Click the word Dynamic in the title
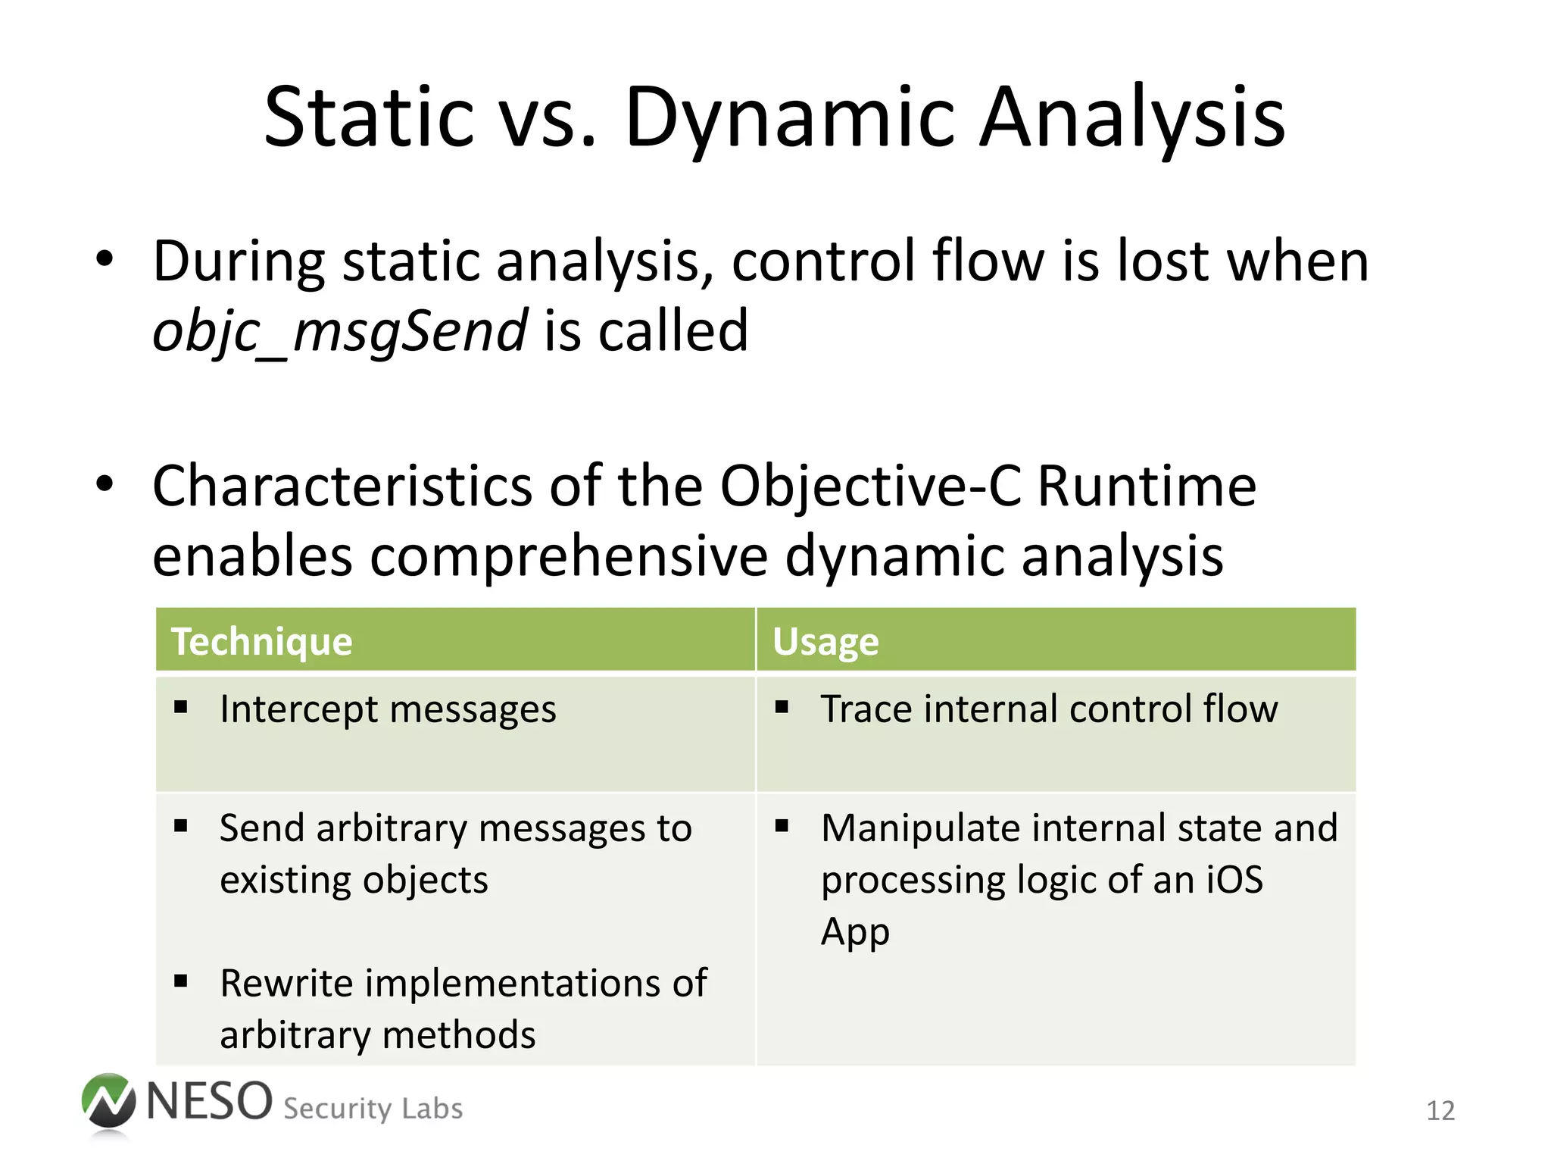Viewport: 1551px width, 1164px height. [x=791, y=117]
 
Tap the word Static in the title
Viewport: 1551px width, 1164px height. [x=368, y=117]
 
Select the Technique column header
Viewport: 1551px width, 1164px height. [x=262, y=641]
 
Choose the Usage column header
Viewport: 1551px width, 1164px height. [x=825, y=641]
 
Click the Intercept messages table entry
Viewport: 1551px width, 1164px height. [x=388, y=709]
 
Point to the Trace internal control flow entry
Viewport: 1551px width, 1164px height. [x=1049, y=709]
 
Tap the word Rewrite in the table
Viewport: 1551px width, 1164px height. [x=286, y=983]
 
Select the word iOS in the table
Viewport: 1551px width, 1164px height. [x=1234, y=880]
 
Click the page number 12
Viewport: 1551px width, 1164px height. [x=1440, y=1111]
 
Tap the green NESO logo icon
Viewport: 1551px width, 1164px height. [x=109, y=1103]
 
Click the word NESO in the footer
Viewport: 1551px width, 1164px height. [x=210, y=1101]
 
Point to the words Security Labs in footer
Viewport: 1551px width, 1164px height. [x=373, y=1109]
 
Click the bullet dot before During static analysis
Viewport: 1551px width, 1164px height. [x=105, y=260]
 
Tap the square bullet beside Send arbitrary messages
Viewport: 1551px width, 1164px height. [x=180, y=826]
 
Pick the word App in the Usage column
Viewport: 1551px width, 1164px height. [x=855, y=932]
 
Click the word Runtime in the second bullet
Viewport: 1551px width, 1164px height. [x=1147, y=486]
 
